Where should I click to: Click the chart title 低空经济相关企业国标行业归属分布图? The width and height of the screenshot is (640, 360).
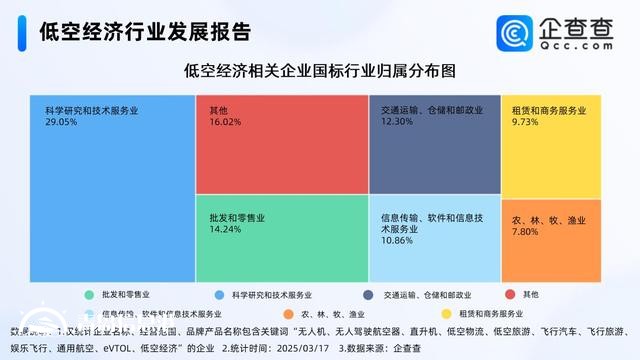click(320, 71)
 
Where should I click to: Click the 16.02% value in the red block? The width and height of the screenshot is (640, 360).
click(226, 120)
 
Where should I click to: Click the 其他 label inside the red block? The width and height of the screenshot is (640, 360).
click(219, 108)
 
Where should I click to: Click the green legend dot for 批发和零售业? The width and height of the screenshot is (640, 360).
click(90, 295)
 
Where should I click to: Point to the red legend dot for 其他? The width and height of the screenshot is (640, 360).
click(511, 295)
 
